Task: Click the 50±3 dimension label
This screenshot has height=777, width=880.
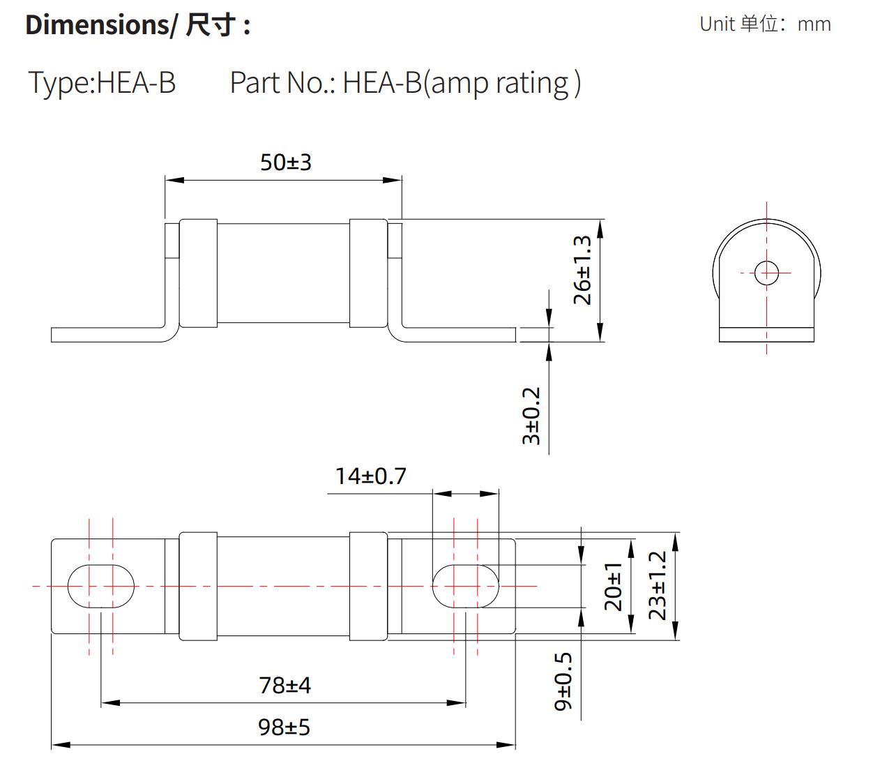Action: click(x=285, y=163)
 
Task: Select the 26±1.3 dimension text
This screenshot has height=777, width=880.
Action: click(x=582, y=270)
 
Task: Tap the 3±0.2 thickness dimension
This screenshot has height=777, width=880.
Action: click(x=531, y=416)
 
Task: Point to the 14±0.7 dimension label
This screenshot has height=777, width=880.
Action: click(x=370, y=476)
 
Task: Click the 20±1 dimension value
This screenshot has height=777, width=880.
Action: click(x=613, y=586)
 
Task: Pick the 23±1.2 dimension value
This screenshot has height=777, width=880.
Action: click(x=658, y=586)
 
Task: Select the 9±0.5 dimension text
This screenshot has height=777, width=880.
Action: click(x=563, y=681)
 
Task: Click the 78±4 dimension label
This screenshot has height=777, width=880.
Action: click(x=285, y=686)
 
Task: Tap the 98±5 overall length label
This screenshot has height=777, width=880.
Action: click(x=284, y=727)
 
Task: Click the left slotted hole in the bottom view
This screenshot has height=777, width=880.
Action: click(x=101, y=586)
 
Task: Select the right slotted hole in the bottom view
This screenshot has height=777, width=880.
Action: click(x=466, y=586)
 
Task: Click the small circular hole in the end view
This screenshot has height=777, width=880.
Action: click(x=766, y=272)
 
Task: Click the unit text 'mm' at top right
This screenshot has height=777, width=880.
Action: click(x=814, y=24)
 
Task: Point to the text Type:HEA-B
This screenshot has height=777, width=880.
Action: click(x=102, y=82)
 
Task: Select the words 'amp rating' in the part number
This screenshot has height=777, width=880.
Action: click(x=500, y=83)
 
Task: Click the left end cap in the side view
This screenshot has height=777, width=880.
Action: click(x=199, y=273)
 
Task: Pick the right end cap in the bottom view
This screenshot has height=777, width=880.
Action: click(x=368, y=586)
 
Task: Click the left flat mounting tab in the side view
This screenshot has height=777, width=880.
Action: click(x=105, y=335)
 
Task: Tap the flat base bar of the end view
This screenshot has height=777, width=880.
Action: click(x=766, y=335)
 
